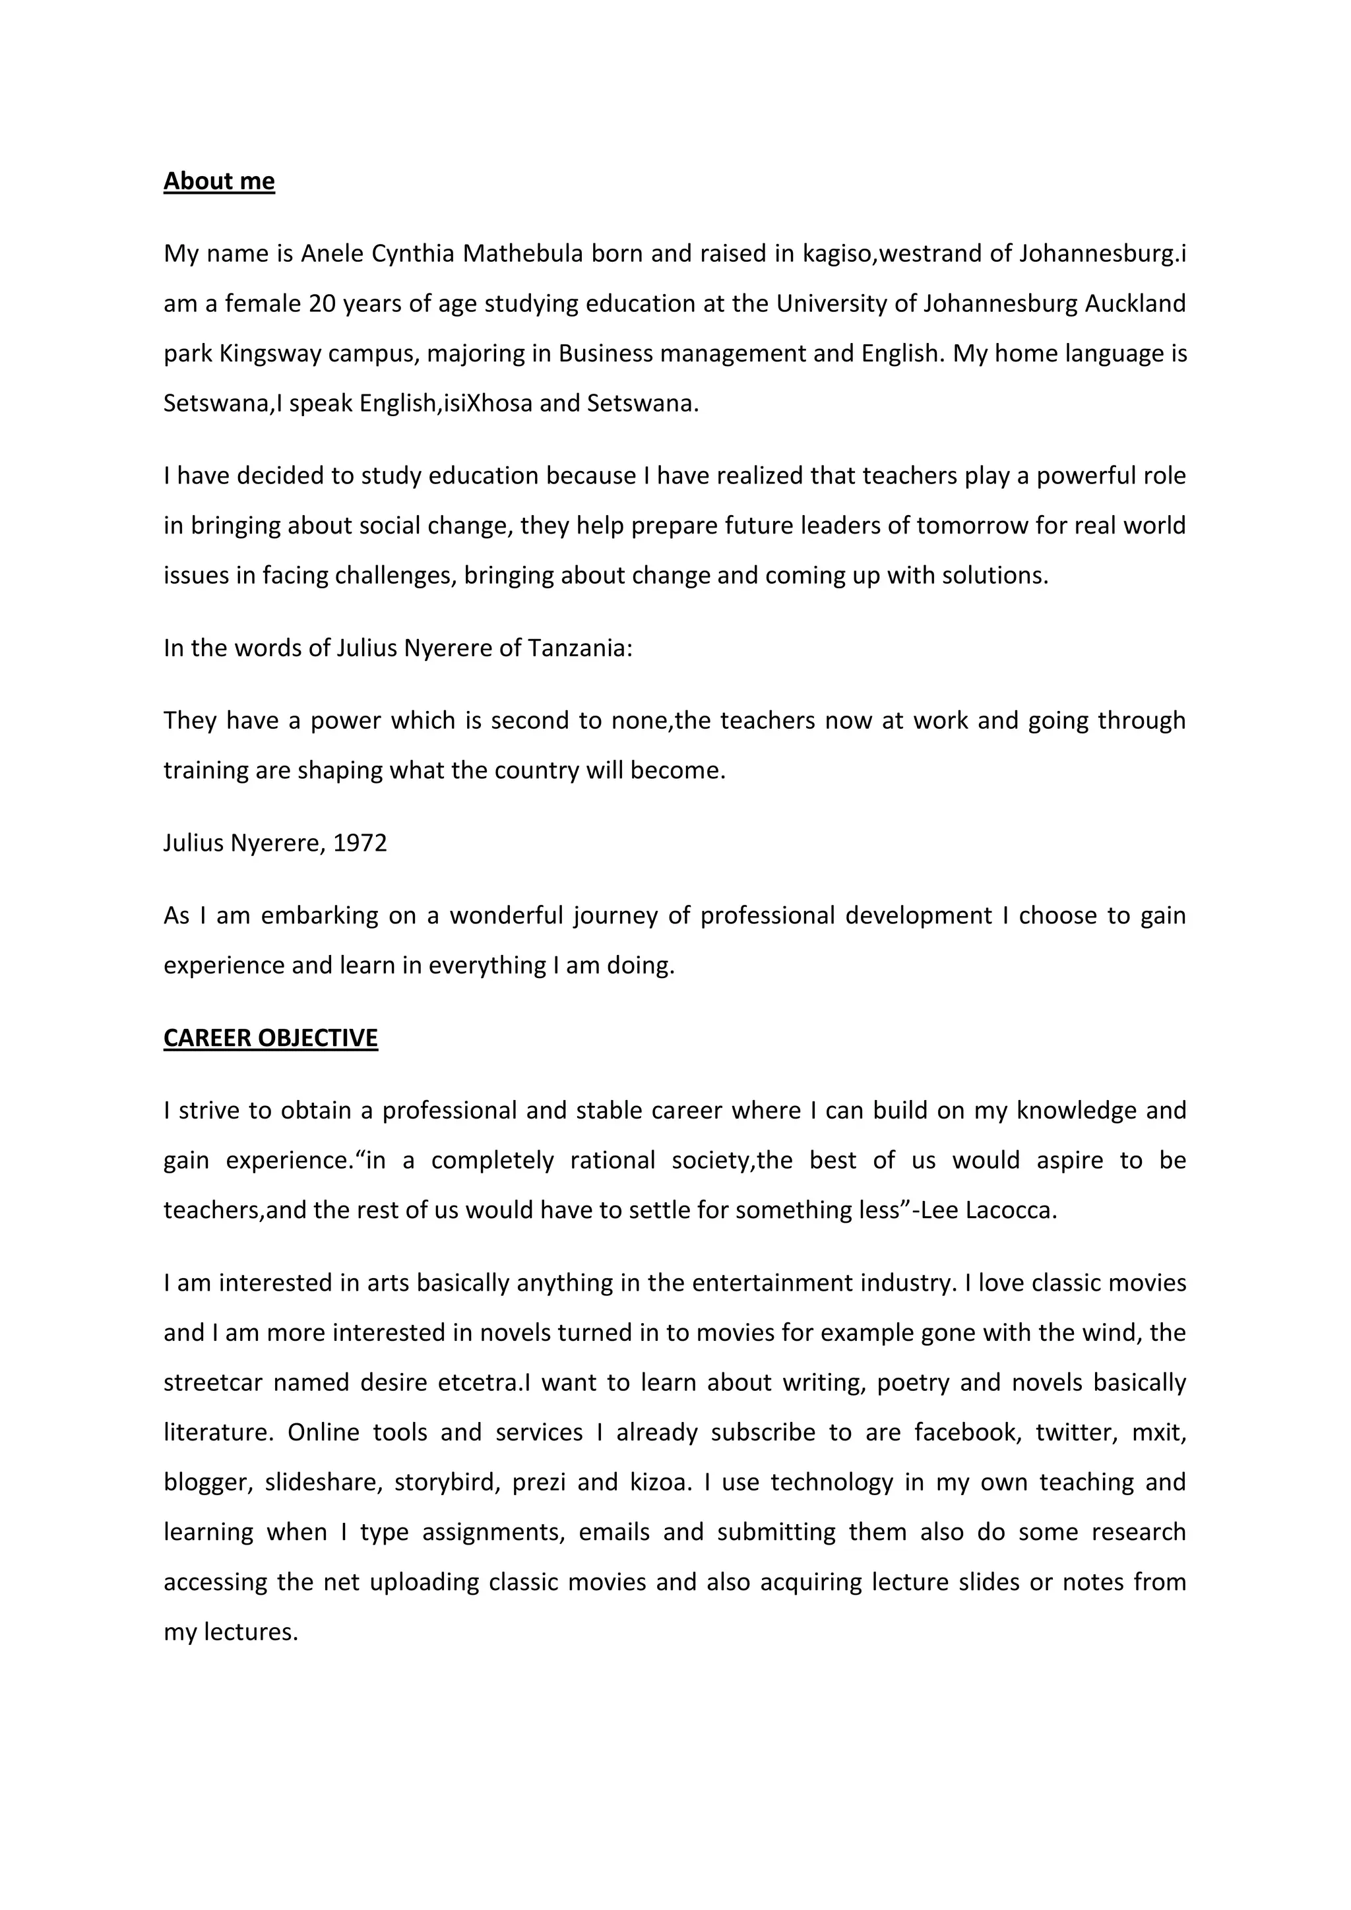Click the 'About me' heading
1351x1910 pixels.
[219, 181]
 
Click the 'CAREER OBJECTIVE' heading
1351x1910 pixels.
[270, 1037]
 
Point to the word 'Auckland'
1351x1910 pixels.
[1135, 303]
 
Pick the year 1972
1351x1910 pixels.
[360, 843]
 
